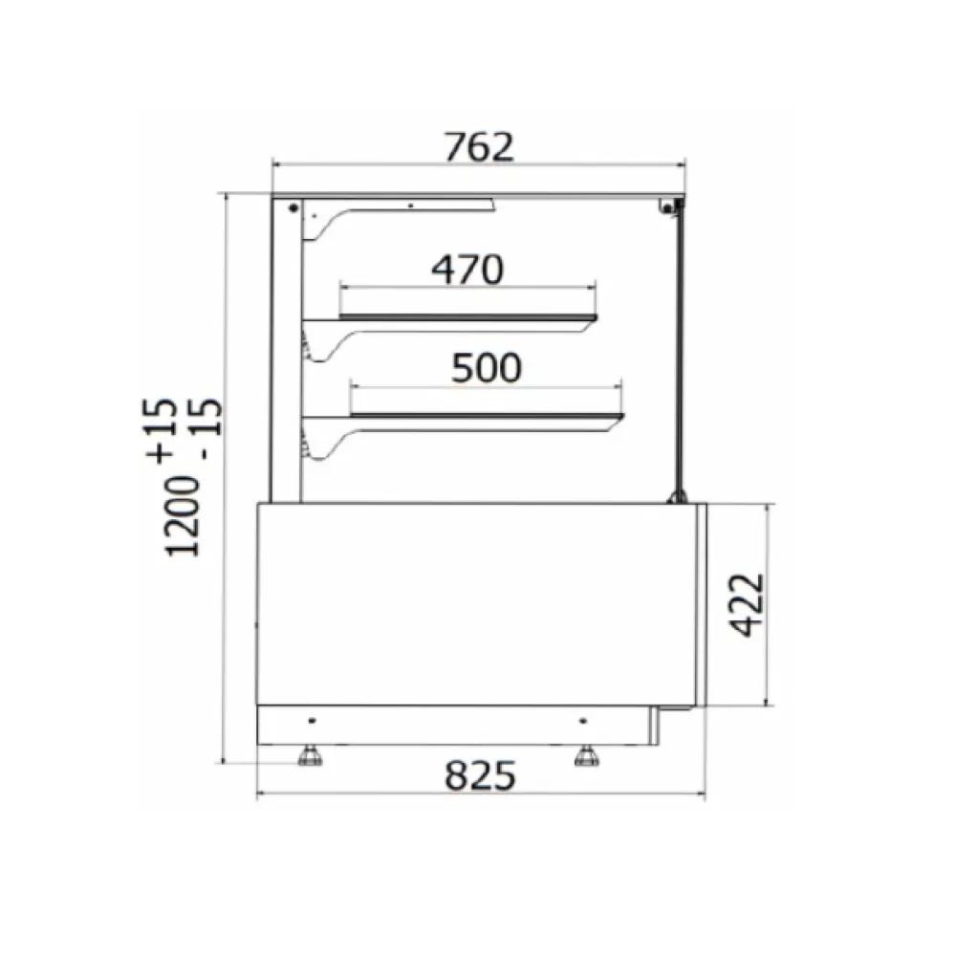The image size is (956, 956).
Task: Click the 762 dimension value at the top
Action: (479, 146)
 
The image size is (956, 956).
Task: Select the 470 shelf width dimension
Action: (467, 271)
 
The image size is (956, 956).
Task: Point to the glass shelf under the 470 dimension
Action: (468, 316)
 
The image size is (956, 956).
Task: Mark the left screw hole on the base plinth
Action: (313, 720)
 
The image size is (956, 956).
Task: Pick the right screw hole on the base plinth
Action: (582, 720)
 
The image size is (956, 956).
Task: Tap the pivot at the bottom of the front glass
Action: (678, 495)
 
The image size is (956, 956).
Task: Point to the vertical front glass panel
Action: (680, 354)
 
